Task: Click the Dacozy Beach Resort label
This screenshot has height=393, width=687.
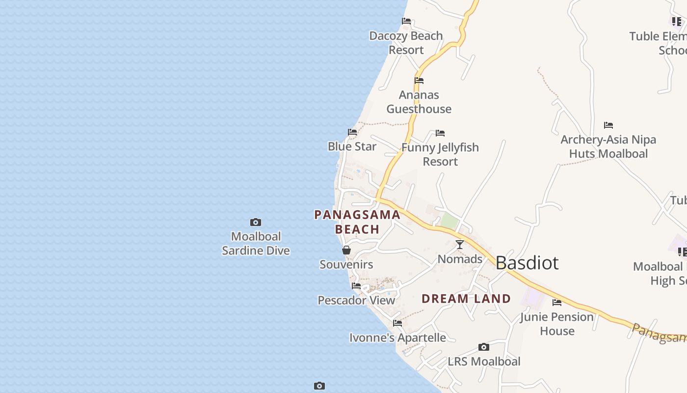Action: click(x=406, y=43)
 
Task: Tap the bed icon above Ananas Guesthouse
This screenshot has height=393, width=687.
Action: click(x=419, y=81)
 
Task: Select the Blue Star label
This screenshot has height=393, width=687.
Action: click(x=352, y=146)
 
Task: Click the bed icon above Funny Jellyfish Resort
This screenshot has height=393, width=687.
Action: click(x=440, y=133)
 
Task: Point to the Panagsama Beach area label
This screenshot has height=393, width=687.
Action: click(x=357, y=222)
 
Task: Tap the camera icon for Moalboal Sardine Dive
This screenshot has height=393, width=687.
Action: click(x=256, y=223)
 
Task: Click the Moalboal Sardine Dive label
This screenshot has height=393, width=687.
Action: click(x=256, y=244)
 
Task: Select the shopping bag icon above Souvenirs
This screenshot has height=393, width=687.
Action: click(x=346, y=250)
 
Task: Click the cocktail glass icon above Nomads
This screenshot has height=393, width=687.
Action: click(x=459, y=244)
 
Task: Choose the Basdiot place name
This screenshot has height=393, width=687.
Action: click(x=527, y=263)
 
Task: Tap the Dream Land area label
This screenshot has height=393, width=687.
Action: click(x=466, y=299)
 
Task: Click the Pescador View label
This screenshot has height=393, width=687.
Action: click(x=356, y=300)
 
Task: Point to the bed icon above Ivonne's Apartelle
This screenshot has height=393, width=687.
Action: click(x=397, y=323)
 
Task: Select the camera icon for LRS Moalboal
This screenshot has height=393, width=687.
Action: click(x=483, y=347)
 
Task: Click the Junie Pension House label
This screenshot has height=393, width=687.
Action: click(x=557, y=324)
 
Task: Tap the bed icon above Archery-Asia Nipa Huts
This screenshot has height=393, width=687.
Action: click(x=608, y=125)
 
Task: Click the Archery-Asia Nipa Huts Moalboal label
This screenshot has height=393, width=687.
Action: click(x=608, y=146)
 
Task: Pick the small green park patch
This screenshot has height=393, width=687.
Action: click(x=449, y=221)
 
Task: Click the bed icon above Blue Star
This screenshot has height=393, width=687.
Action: click(x=352, y=132)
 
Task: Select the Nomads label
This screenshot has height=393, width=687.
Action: click(x=459, y=259)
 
